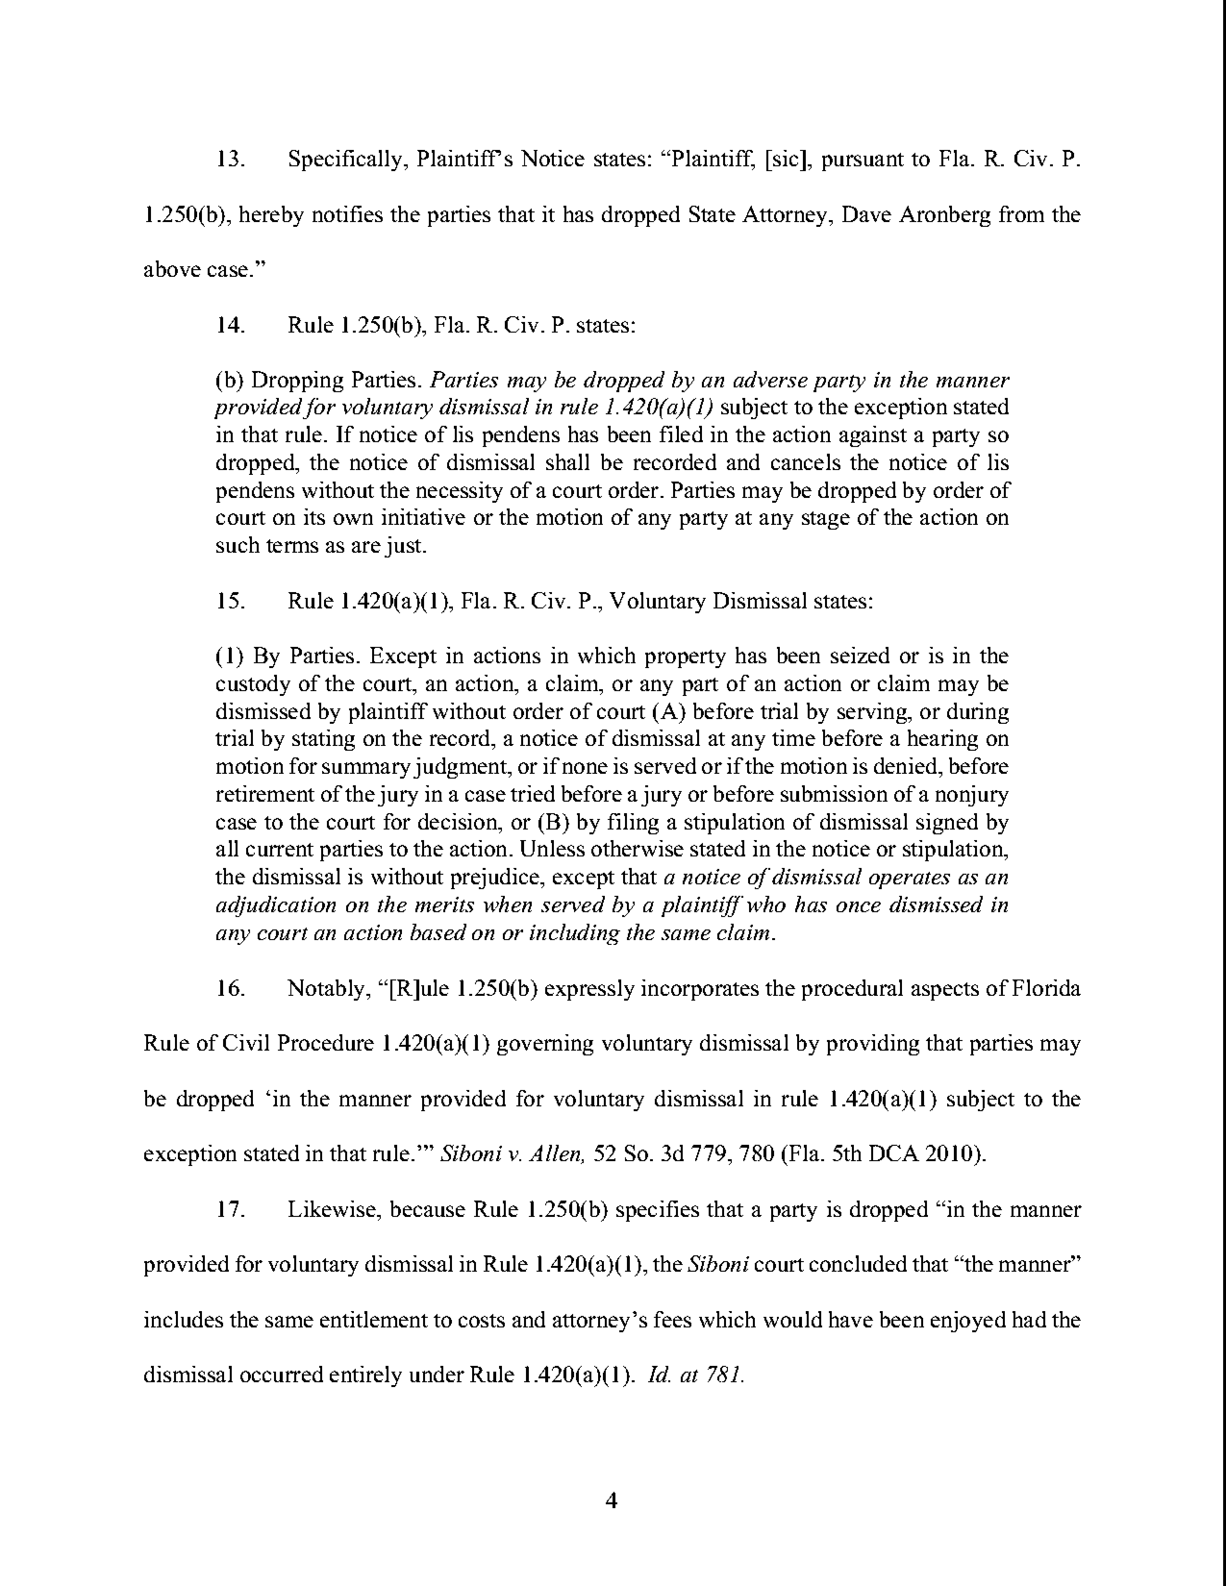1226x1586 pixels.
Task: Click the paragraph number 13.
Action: coord(230,160)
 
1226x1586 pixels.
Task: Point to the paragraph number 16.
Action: coord(230,988)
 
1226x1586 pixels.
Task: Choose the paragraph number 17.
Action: coord(230,1210)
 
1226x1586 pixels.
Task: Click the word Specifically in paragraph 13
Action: coord(345,160)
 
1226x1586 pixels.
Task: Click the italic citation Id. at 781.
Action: coord(695,1375)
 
